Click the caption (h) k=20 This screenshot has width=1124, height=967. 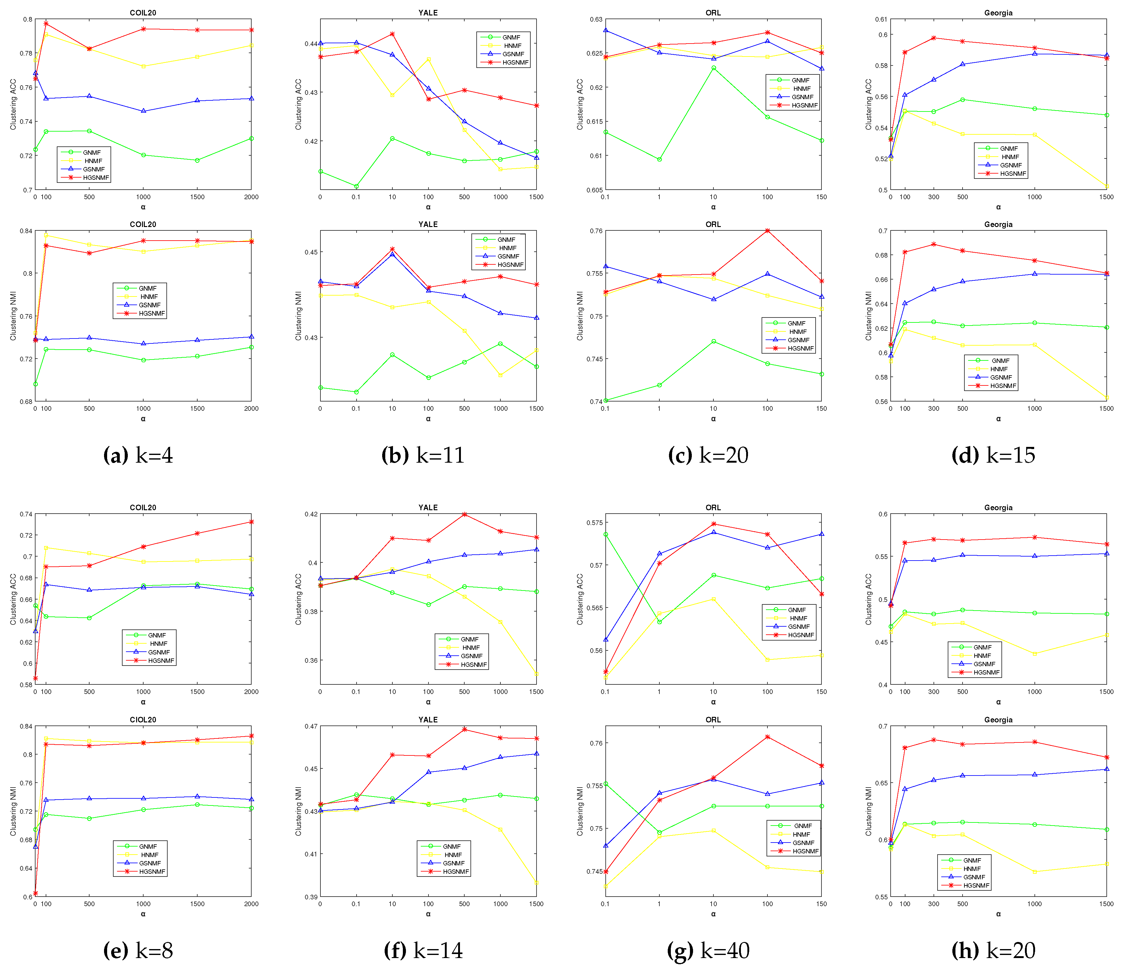point(993,950)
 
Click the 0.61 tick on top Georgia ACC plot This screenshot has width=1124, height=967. point(881,19)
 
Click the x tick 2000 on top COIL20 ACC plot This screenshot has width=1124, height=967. point(251,197)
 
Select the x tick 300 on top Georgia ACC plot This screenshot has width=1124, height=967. point(934,197)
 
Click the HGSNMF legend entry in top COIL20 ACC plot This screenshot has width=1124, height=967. point(95,178)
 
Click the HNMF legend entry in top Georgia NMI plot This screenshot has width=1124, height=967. point(999,369)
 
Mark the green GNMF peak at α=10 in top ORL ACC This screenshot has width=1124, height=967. point(713,68)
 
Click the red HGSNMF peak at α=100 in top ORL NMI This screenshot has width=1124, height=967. point(767,231)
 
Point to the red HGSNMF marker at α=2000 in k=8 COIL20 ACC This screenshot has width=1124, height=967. point(251,522)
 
